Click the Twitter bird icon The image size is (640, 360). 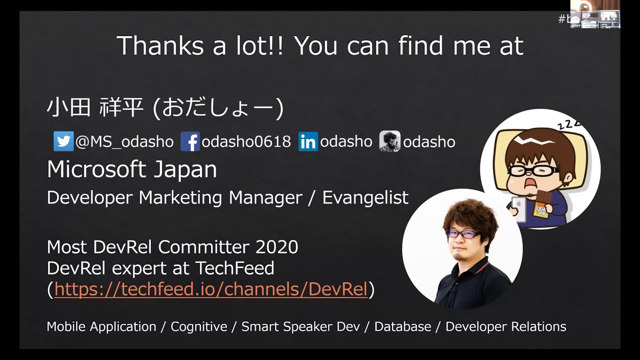pyautogui.click(x=63, y=141)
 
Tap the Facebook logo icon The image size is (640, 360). pyautogui.click(x=190, y=141)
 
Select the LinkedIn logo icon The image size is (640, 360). pyautogui.click(x=308, y=141)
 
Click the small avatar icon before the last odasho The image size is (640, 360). pyautogui.click(x=389, y=141)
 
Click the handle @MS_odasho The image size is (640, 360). pyautogui.click(x=124, y=142)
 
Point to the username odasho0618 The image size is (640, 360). pyautogui.click(x=246, y=141)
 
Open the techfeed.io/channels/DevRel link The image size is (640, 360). pyautogui.click(x=211, y=289)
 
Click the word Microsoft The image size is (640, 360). pyautogui.click(x=96, y=169)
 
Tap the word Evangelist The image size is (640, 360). pyautogui.click(x=365, y=197)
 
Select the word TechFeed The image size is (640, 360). pyautogui.click(x=235, y=268)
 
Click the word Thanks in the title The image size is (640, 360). pyautogui.click(x=160, y=45)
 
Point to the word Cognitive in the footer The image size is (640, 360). pyautogui.click(x=199, y=326)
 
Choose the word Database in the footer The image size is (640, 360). pyautogui.click(x=403, y=326)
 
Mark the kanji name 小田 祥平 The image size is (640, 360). pyautogui.click(x=94, y=107)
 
